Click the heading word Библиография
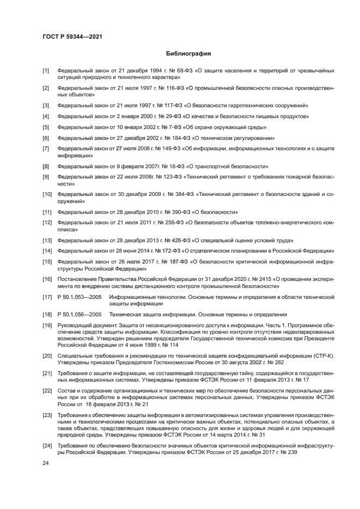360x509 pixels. point(187,54)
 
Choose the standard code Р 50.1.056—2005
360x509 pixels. point(79,314)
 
